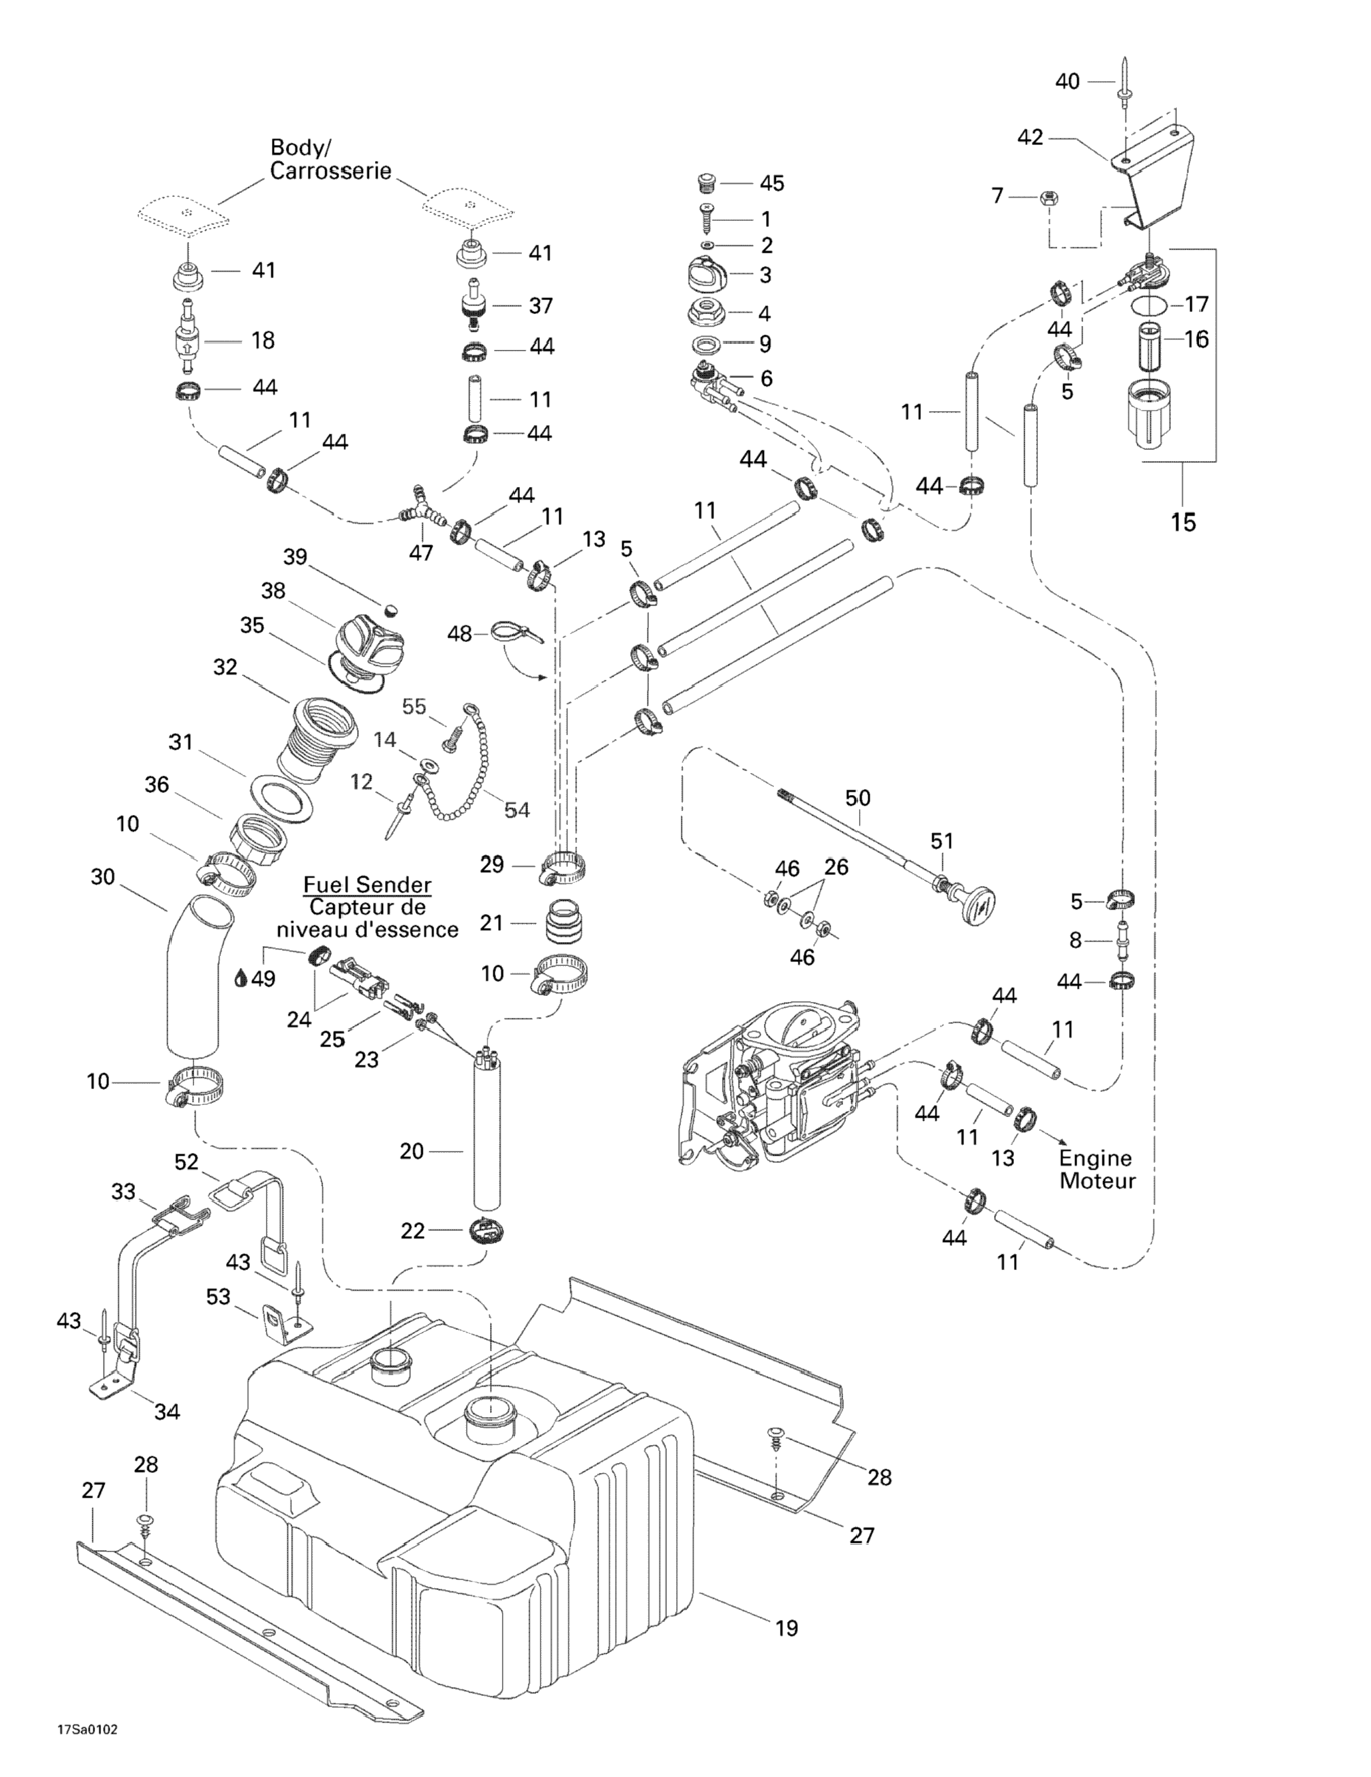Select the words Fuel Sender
[x=368, y=884]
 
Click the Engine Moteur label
[x=1097, y=1169]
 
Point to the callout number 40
[x=1068, y=81]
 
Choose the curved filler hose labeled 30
[x=195, y=977]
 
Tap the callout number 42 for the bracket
[x=1031, y=138]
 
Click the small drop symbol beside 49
[x=241, y=979]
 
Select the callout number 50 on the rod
[x=858, y=798]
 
